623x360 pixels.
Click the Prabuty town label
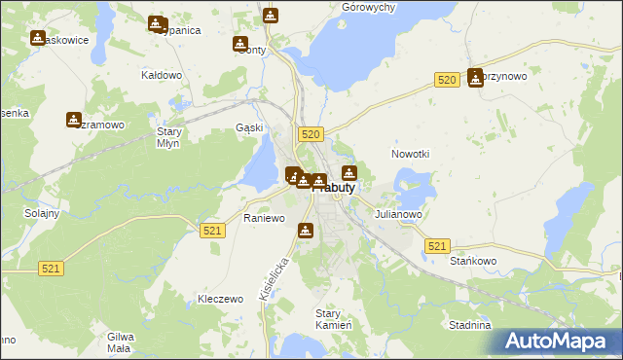(x=336, y=187)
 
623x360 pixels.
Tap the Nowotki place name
(x=410, y=154)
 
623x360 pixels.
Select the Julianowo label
(x=397, y=214)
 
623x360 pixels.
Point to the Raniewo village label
(x=264, y=218)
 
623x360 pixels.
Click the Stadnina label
(x=468, y=325)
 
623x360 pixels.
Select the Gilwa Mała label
(x=120, y=341)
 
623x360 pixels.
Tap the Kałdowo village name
(x=163, y=75)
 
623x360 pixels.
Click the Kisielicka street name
(x=275, y=276)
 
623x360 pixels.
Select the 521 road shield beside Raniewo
(x=214, y=231)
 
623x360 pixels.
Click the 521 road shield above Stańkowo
(x=438, y=246)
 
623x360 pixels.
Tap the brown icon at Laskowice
(x=38, y=38)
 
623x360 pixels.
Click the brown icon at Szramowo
(x=74, y=120)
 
